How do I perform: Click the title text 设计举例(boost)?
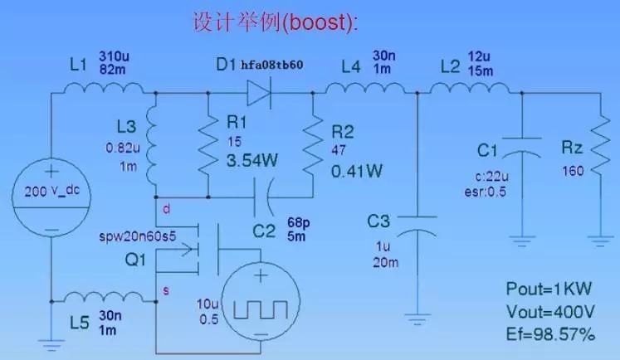(x=275, y=22)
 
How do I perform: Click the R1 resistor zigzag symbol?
(x=207, y=145)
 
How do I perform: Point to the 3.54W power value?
(x=251, y=163)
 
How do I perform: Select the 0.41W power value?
(x=356, y=172)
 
